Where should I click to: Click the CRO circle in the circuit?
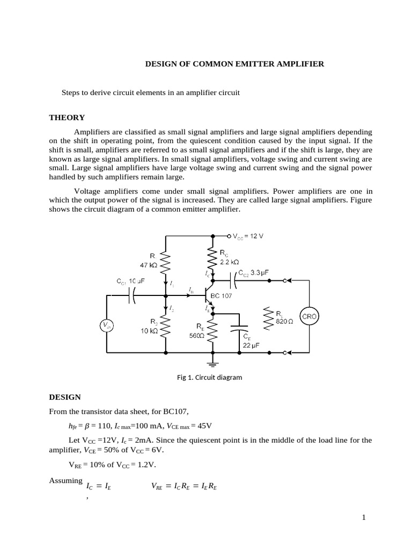pyautogui.click(x=310, y=316)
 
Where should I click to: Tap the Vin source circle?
pyautogui.click(x=107, y=325)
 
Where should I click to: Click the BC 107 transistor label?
pyautogui.click(x=222, y=296)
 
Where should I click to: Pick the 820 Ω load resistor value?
pyautogui.click(x=285, y=321)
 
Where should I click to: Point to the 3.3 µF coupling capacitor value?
pyautogui.click(x=259, y=273)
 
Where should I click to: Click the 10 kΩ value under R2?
pyautogui.click(x=149, y=331)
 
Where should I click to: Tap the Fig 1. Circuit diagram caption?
pyautogui.click(x=209, y=377)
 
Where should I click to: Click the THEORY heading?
pyautogui.click(x=67, y=118)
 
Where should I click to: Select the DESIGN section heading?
pyautogui.click(x=65, y=397)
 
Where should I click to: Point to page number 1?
pyautogui.click(x=363, y=517)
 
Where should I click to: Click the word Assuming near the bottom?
pyautogui.click(x=66, y=480)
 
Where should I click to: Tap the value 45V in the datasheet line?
pyautogui.click(x=204, y=426)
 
